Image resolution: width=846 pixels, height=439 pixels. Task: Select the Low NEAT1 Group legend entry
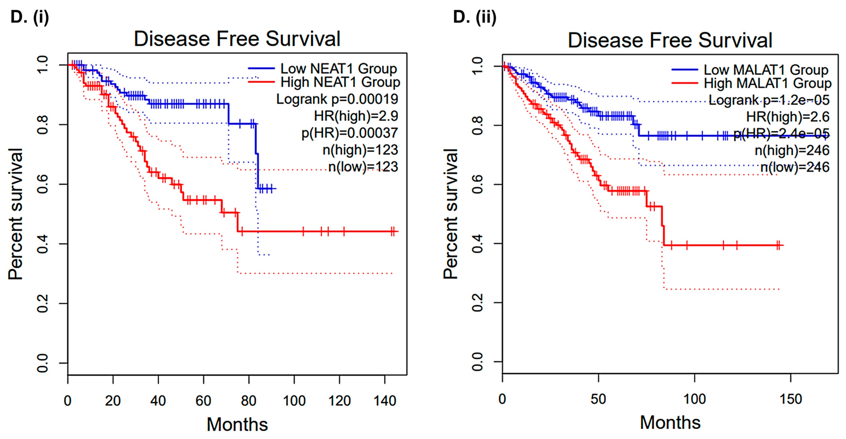click(338, 69)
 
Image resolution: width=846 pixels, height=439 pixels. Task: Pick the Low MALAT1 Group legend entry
click(765, 70)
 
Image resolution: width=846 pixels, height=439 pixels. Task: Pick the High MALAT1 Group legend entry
click(767, 83)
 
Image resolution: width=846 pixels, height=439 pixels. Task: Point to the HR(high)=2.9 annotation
click(356, 116)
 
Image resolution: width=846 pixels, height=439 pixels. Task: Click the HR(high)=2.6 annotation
click(787, 117)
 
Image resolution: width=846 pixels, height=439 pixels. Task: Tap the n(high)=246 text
click(792, 150)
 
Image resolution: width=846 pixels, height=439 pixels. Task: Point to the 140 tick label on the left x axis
click(385, 401)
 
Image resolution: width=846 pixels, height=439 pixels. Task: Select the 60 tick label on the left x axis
click(203, 401)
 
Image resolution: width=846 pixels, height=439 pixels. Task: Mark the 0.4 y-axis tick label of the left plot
click(43, 244)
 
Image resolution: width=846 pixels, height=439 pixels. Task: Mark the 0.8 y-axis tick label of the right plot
click(477, 125)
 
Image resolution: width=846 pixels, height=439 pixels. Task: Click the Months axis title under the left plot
click(237, 424)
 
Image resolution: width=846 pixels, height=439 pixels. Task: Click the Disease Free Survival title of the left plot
click(237, 39)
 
